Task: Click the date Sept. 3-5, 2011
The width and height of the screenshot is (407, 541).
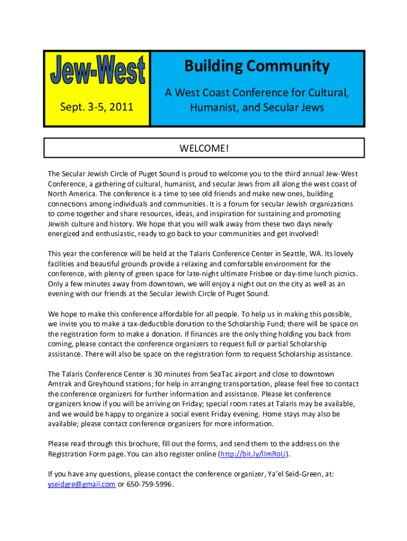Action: (96, 108)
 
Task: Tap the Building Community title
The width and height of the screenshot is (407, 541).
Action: (257, 67)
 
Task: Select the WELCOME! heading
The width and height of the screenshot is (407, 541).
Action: (204, 147)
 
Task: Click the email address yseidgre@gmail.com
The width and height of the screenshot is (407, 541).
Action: (82, 483)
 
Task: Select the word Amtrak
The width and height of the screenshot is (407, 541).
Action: (61, 384)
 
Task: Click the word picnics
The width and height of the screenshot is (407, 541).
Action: (344, 274)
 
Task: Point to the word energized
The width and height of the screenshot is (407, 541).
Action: (64, 234)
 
